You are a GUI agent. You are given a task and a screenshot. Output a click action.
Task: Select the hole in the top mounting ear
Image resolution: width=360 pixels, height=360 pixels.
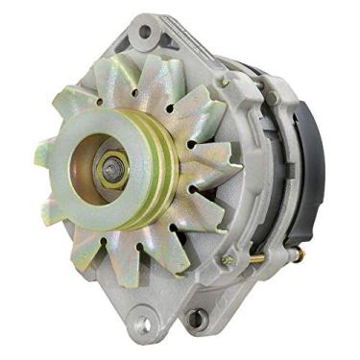[x=145, y=31]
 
